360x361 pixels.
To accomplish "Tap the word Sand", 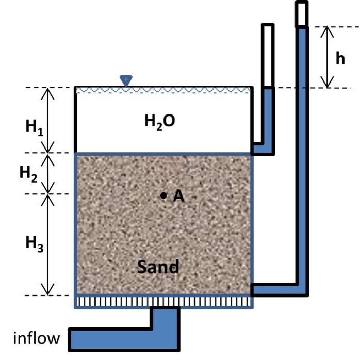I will (x=158, y=267).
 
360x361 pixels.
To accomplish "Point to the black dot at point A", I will (x=163, y=195).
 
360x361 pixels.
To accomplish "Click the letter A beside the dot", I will (x=178, y=195).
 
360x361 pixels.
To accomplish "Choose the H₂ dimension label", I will (x=29, y=173).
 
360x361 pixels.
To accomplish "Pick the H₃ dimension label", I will (x=34, y=243).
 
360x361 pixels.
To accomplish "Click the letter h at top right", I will (x=340, y=58).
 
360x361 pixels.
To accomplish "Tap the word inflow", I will (x=36, y=339).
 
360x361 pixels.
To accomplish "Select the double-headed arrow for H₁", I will (x=48, y=120).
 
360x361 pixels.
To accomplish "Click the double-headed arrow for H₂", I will (x=48, y=173).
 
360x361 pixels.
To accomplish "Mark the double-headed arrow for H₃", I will (x=48, y=244).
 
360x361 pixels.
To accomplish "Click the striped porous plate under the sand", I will (x=164, y=301).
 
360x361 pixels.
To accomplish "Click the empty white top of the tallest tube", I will (x=302, y=13).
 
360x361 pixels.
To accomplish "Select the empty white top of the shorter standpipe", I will (x=268, y=56).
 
